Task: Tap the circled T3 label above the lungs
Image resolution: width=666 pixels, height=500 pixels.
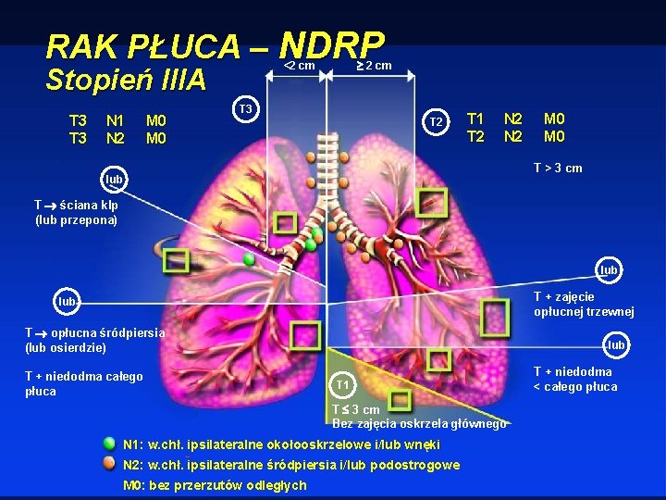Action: click(246, 109)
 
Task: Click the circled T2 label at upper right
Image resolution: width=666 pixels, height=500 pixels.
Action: click(436, 122)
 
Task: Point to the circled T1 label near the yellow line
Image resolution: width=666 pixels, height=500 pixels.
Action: click(342, 383)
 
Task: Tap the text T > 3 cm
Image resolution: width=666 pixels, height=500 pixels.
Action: click(558, 168)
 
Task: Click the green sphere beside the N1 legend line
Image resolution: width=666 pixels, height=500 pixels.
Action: click(110, 444)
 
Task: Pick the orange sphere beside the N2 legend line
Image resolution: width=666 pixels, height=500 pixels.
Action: click(110, 464)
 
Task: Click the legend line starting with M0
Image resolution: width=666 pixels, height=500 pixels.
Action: click(216, 485)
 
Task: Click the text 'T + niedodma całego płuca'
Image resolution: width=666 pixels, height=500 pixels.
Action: click(83, 383)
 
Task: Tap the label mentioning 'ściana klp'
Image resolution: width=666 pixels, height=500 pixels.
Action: click(76, 212)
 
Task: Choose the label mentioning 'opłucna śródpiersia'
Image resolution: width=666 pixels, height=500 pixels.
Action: click(94, 340)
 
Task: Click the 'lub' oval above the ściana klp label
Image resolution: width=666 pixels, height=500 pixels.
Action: click(114, 178)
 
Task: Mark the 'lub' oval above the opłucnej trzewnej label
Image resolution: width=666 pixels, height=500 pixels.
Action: click(609, 270)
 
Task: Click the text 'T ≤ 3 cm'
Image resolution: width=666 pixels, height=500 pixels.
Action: click(356, 409)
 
